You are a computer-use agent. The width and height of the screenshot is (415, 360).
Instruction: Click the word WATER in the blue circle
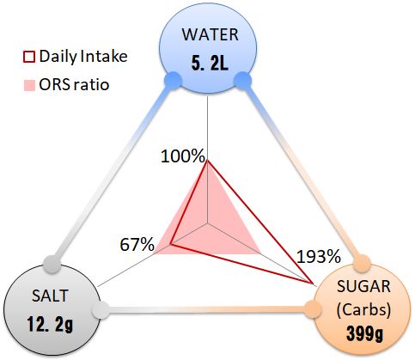(210, 34)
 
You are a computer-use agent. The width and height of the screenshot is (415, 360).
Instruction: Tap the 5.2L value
(210, 64)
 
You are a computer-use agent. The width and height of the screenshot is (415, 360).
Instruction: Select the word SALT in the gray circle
(50, 296)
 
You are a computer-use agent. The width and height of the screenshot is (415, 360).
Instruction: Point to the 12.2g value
(51, 325)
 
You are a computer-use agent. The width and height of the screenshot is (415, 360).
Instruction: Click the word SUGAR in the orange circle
(363, 286)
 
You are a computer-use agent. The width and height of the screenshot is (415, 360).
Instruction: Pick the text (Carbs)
(363, 310)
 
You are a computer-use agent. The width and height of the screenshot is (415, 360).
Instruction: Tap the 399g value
(364, 334)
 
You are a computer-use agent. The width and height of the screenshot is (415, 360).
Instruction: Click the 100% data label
(183, 156)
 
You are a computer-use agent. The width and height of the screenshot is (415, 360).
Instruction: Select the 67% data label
(137, 245)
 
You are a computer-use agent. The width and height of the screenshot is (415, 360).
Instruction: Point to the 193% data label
(319, 256)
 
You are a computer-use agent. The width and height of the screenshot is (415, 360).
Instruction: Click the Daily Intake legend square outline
(28, 57)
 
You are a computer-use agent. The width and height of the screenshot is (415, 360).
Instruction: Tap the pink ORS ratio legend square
(29, 85)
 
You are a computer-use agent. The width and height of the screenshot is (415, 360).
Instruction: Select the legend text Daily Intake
(83, 56)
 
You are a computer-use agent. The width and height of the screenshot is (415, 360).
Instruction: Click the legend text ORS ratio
(74, 85)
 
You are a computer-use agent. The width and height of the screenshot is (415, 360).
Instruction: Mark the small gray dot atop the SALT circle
(52, 264)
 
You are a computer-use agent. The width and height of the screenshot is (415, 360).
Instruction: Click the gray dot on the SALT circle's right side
(101, 310)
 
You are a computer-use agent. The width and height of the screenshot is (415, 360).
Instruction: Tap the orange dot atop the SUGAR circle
(362, 263)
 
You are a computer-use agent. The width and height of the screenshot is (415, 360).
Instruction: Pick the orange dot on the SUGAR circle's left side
(312, 309)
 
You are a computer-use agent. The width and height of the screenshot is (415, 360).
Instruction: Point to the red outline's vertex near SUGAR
(312, 283)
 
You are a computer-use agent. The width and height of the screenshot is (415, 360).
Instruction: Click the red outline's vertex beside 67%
(171, 244)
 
